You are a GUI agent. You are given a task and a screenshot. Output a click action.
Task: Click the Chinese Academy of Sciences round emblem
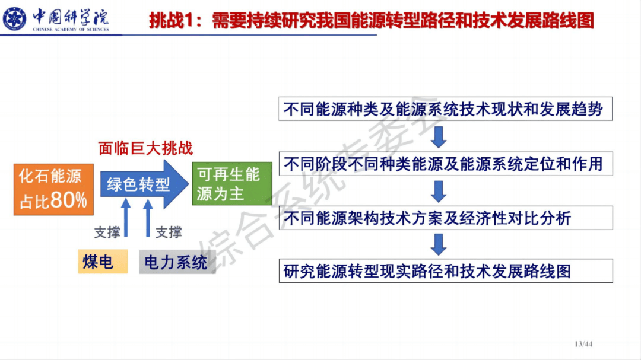(15, 18)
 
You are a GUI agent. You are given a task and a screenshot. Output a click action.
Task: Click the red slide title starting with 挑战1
(371, 21)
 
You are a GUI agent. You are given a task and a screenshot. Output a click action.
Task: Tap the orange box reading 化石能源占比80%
(53, 188)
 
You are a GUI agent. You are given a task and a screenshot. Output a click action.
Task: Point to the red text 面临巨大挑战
(145, 148)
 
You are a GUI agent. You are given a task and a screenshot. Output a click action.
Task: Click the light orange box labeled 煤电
(103, 261)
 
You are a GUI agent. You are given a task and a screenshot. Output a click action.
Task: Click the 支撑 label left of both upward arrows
(107, 232)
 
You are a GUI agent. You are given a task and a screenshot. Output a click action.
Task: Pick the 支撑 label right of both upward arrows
(169, 232)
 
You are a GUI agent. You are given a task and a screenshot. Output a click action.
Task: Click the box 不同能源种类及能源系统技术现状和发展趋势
(445, 110)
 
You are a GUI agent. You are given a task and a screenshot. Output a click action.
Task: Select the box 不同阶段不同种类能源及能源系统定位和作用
(445, 164)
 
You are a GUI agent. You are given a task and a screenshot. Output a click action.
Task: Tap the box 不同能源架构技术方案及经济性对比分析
(445, 218)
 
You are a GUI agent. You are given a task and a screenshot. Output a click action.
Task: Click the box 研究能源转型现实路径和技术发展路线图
(445, 271)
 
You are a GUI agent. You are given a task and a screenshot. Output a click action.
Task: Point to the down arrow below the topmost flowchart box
(439, 137)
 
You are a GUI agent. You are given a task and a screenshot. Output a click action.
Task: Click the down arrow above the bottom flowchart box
(439, 244)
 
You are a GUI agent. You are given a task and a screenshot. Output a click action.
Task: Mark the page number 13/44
(584, 344)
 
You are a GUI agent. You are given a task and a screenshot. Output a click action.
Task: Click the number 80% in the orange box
(69, 200)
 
